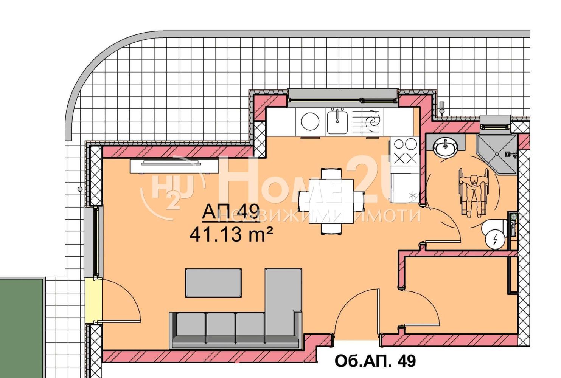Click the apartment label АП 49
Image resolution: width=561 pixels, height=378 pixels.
click(231, 212)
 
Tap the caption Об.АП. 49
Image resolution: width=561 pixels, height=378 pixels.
click(375, 361)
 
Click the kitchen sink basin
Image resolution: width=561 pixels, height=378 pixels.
click(337, 122)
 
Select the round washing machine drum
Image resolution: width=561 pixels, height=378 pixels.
click(310, 121)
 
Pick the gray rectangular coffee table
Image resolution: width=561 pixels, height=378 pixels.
click(213, 283)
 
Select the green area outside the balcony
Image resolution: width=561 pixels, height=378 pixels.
click(22, 328)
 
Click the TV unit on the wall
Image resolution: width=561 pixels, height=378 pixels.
click(174, 166)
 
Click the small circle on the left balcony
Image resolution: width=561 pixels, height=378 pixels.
click(80, 189)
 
